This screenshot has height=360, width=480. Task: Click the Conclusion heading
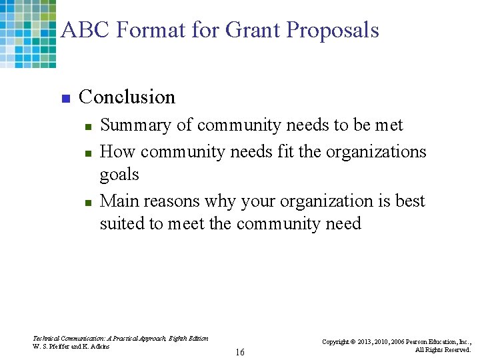[x=127, y=97]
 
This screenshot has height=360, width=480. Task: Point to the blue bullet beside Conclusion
[x=65, y=99]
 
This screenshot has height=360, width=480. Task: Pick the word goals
[x=119, y=175]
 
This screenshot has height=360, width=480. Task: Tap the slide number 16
[x=239, y=352]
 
